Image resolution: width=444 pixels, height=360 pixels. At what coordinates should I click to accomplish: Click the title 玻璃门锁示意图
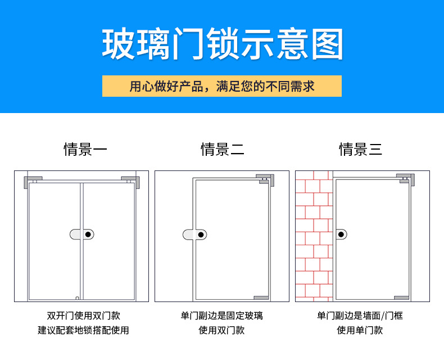point(222,43)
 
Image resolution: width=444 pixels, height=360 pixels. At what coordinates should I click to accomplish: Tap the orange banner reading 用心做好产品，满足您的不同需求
point(222,87)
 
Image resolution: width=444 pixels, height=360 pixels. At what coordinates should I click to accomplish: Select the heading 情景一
point(85,149)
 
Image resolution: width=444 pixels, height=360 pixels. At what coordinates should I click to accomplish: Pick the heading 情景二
point(222,149)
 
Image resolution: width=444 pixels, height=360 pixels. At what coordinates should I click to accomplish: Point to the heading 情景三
point(360,149)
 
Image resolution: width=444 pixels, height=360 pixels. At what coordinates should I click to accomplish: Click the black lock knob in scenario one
point(88,233)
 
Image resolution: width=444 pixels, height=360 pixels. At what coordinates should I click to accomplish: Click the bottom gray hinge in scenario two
point(262,298)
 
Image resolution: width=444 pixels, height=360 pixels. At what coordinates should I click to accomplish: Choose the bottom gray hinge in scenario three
point(402,298)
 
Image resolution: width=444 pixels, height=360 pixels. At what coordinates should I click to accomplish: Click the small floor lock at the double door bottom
point(77,298)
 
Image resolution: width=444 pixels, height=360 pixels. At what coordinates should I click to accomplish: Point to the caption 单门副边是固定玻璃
point(222,316)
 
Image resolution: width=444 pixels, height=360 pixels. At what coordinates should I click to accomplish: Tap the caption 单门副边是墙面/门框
point(360,316)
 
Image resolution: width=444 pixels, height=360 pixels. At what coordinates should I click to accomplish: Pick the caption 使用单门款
point(360,330)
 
